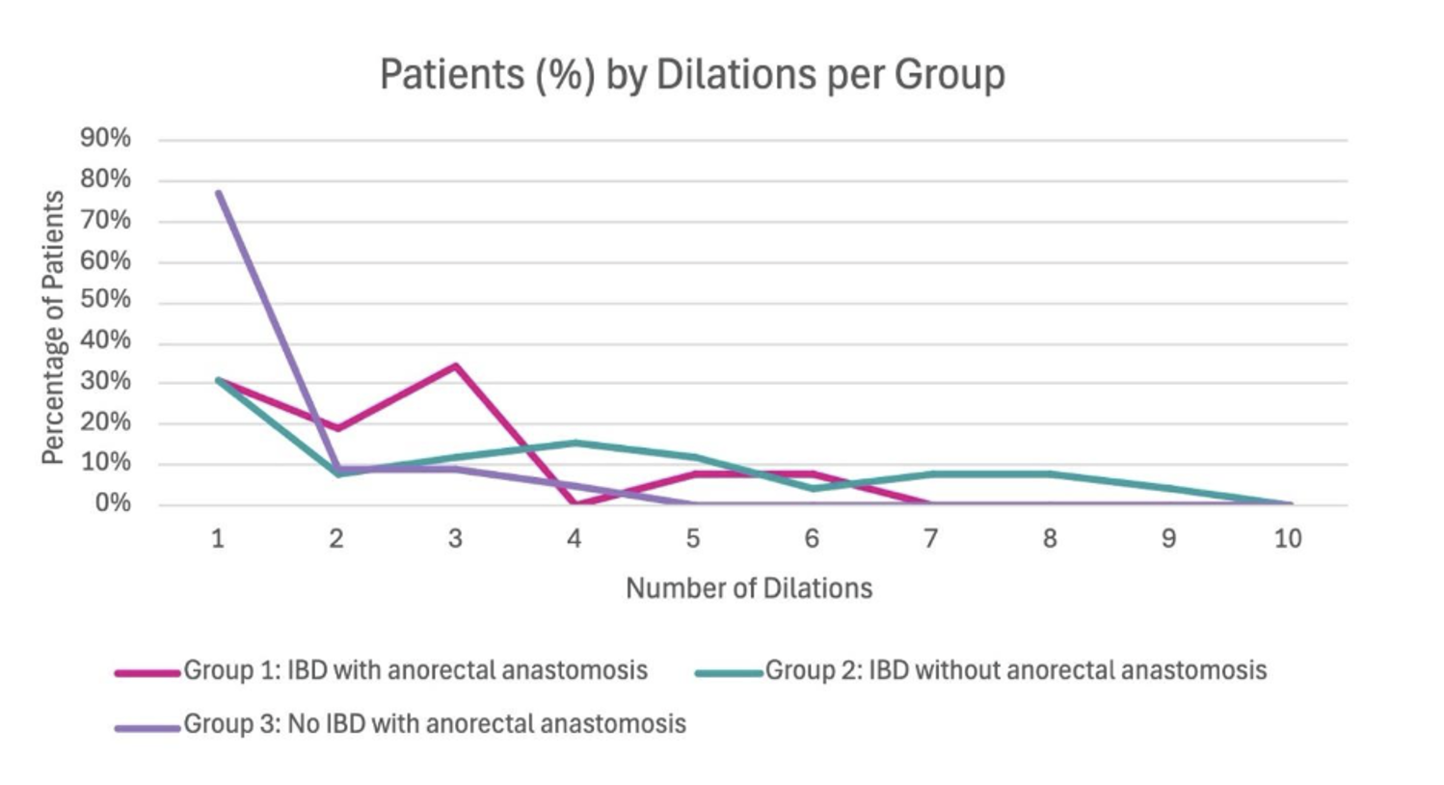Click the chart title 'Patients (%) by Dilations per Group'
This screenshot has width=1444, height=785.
pyautogui.click(x=691, y=74)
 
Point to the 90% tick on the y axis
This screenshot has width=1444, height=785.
pyautogui.click(x=105, y=139)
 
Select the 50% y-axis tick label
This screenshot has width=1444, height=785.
pyautogui.click(x=105, y=300)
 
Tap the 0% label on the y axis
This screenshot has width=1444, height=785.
pyautogui.click(x=112, y=503)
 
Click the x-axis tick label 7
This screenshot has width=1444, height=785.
pyautogui.click(x=930, y=539)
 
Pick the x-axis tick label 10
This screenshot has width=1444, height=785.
pyautogui.click(x=1288, y=539)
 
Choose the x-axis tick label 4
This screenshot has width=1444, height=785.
pyautogui.click(x=574, y=539)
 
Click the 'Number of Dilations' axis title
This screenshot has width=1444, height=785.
pyautogui.click(x=749, y=588)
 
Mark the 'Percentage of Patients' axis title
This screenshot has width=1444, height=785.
pyautogui.click(x=53, y=328)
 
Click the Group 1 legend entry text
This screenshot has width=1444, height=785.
pyautogui.click(x=415, y=670)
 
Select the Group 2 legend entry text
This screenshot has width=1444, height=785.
pyautogui.click(x=1016, y=670)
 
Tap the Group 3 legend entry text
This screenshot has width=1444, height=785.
pyautogui.click(x=435, y=724)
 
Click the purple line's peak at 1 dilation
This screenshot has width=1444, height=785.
pyautogui.click(x=219, y=192)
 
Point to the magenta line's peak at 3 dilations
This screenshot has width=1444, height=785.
pyautogui.click(x=455, y=365)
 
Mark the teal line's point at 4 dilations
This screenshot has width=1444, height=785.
pyautogui.click(x=575, y=443)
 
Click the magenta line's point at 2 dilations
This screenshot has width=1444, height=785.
pyautogui.click(x=336, y=428)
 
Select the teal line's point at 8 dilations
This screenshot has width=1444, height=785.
pyautogui.click(x=1050, y=474)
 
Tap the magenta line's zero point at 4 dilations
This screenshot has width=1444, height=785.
pyautogui.click(x=575, y=503)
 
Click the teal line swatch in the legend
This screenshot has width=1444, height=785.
pyautogui.click(x=729, y=672)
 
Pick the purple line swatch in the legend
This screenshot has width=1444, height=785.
pyautogui.click(x=147, y=727)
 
